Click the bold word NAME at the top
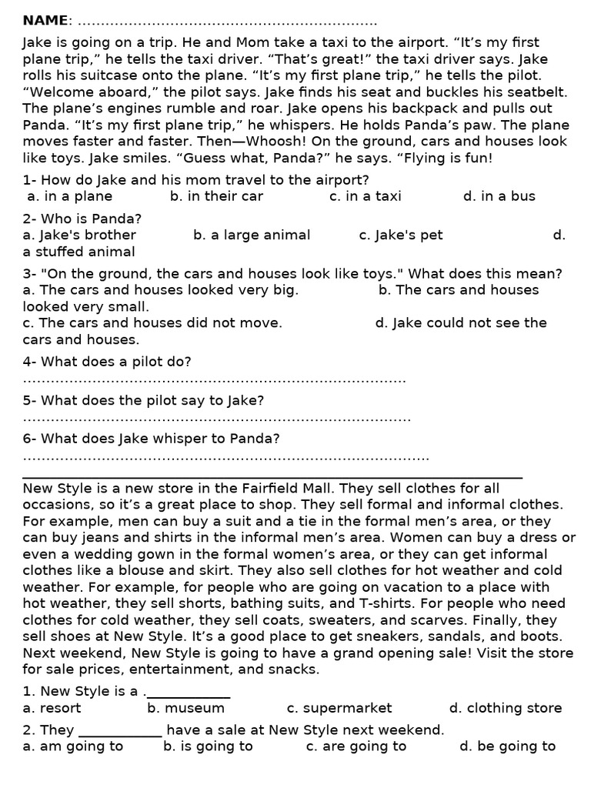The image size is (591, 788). tap(45, 20)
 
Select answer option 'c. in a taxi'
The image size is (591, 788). tap(365, 196)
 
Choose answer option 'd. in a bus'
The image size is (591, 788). tap(499, 196)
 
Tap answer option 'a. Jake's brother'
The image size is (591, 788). tap(79, 235)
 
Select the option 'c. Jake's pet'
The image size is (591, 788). tap(401, 235)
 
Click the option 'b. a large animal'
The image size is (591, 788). tap(252, 235)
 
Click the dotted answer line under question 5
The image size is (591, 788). tap(216, 419)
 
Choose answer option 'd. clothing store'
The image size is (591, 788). tap(506, 708)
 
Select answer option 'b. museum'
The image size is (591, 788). tap(186, 708)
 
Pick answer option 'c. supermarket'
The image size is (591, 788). tap(339, 708)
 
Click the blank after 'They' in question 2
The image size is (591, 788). tap(120, 731)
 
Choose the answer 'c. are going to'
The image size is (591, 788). tap(356, 746)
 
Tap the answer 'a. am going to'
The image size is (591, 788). tap(73, 746)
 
